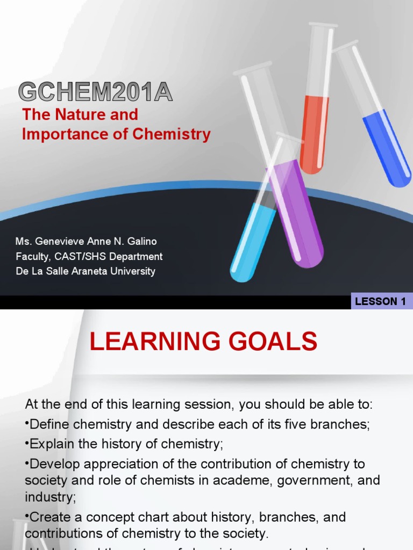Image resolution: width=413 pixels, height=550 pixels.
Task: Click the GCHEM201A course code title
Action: pyautogui.click(x=96, y=92)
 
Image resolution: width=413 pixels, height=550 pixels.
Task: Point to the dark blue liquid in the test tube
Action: pyautogui.click(x=387, y=148)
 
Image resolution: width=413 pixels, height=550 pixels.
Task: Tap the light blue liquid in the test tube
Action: pyautogui.click(x=251, y=242)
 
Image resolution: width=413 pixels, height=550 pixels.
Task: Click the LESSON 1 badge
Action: pyautogui.click(x=380, y=301)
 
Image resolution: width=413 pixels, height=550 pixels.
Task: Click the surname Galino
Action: pyautogui.click(x=142, y=242)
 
